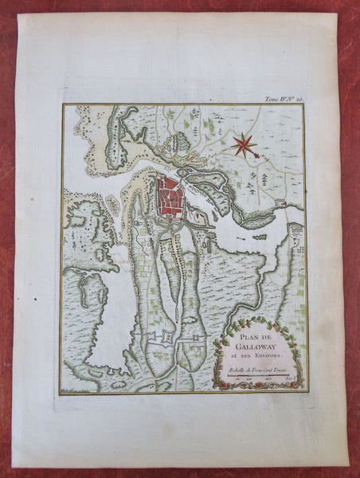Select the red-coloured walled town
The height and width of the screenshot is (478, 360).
pos(169,196)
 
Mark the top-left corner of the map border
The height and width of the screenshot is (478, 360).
pos(61,105)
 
